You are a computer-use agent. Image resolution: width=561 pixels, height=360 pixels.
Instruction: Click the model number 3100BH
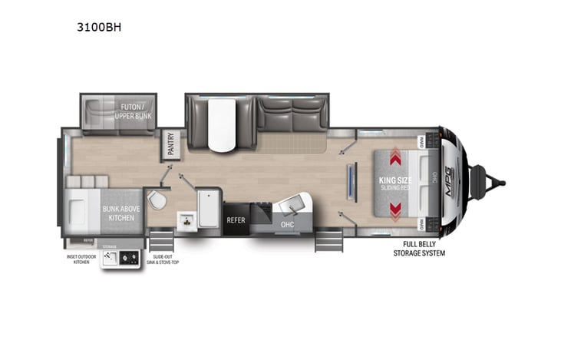[101, 26]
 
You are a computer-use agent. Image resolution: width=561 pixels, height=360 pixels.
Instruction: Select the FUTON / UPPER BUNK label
[134, 111]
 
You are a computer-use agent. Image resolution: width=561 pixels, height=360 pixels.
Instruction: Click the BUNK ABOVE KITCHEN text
[121, 213]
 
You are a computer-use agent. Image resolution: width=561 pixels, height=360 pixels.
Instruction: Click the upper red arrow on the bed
[396, 159]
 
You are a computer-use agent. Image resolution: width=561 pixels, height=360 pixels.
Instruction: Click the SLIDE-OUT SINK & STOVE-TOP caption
[162, 259]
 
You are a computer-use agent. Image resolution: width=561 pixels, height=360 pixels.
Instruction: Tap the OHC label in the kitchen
[287, 225]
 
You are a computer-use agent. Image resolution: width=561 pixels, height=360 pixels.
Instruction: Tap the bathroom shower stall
[208, 206]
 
